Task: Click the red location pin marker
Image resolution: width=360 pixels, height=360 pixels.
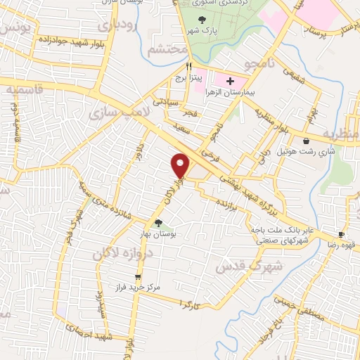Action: (181, 165)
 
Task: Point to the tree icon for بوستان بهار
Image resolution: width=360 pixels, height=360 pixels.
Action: (157, 224)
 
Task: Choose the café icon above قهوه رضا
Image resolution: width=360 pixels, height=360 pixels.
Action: (341, 235)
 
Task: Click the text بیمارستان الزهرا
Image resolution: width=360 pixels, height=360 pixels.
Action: (242, 92)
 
